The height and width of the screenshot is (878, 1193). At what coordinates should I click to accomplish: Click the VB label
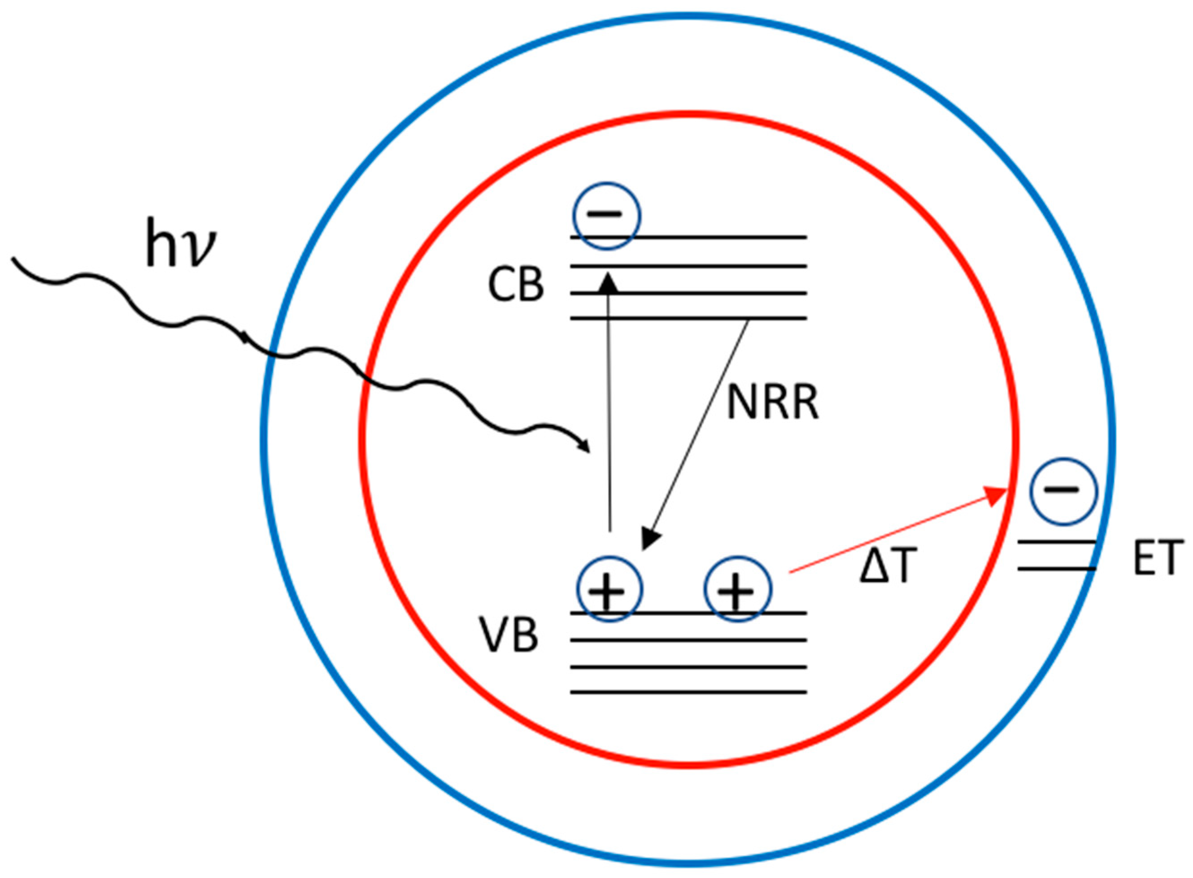(509, 635)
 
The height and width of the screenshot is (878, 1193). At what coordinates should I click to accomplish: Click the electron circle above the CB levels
(606, 215)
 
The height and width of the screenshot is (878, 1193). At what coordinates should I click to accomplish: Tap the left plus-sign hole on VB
(610, 589)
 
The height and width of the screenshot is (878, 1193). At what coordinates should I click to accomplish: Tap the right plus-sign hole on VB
(737, 589)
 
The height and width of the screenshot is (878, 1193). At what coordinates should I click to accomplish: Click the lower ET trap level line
(1056, 569)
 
